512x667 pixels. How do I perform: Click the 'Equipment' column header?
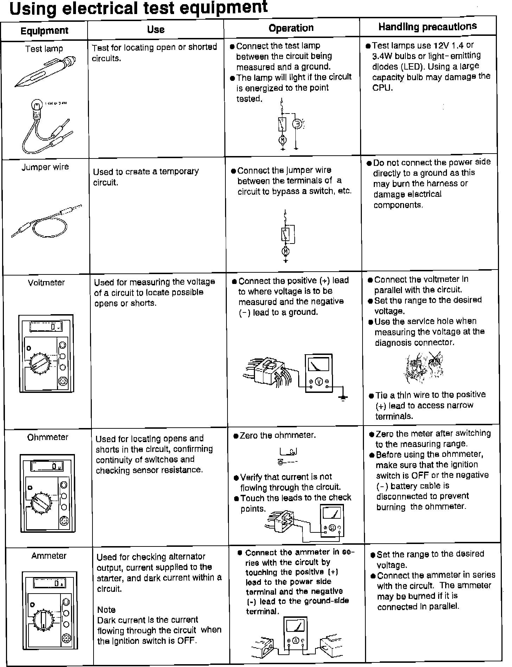pos(44,31)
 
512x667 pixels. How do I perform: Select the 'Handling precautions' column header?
pos(428,26)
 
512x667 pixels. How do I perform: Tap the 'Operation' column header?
pos(291,28)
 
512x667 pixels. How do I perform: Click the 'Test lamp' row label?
pos(44,49)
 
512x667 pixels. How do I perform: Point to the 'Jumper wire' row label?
pos(45,167)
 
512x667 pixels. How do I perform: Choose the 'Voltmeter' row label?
pos(46,283)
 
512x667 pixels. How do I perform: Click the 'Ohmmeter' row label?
pos(48,437)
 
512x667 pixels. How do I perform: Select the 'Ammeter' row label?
pos(49,556)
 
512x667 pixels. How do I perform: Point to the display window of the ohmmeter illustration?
pos(47,467)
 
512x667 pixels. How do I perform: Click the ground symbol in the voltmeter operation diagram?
pos(343,398)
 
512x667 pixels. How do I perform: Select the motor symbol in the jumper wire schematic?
pos(286,251)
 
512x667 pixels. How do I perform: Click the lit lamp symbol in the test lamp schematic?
pos(297,124)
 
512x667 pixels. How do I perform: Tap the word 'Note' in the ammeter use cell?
pos(106,610)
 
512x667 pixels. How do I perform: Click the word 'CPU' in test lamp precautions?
pos(382,88)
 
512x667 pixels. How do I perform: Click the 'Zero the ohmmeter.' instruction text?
pos(277,435)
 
